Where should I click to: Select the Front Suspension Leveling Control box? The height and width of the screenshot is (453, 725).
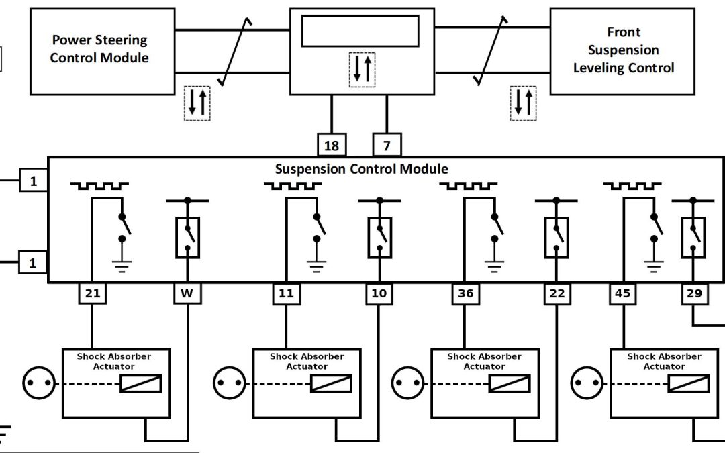[x=623, y=50]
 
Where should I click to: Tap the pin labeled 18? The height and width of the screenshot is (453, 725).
[x=332, y=145]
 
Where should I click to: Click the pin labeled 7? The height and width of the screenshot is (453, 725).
[x=387, y=145]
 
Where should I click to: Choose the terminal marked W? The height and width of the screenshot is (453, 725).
[x=187, y=293]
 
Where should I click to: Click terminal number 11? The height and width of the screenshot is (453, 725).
[x=285, y=293]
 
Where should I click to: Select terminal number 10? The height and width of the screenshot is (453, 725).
[x=379, y=293]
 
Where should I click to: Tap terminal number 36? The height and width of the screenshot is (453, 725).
[x=465, y=293]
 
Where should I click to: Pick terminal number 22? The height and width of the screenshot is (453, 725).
[x=557, y=293]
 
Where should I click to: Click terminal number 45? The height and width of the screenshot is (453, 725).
[x=622, y=293]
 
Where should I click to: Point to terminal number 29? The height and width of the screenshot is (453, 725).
[x=694, y=293]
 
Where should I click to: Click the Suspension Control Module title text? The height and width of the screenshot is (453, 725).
[x=361, y=168]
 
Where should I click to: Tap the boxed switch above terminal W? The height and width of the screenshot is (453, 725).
[x=187, y=238]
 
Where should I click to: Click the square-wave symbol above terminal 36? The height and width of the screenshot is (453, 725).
[x=468, y=186]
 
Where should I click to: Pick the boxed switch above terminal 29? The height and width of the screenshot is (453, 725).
[x=693, y=238]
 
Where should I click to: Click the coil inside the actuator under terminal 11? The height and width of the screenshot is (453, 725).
[x=331, y=384]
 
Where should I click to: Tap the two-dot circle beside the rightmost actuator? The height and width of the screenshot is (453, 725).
[x=584, y=384]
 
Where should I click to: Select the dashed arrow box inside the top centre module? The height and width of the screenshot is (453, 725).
[x=363, y=69]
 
